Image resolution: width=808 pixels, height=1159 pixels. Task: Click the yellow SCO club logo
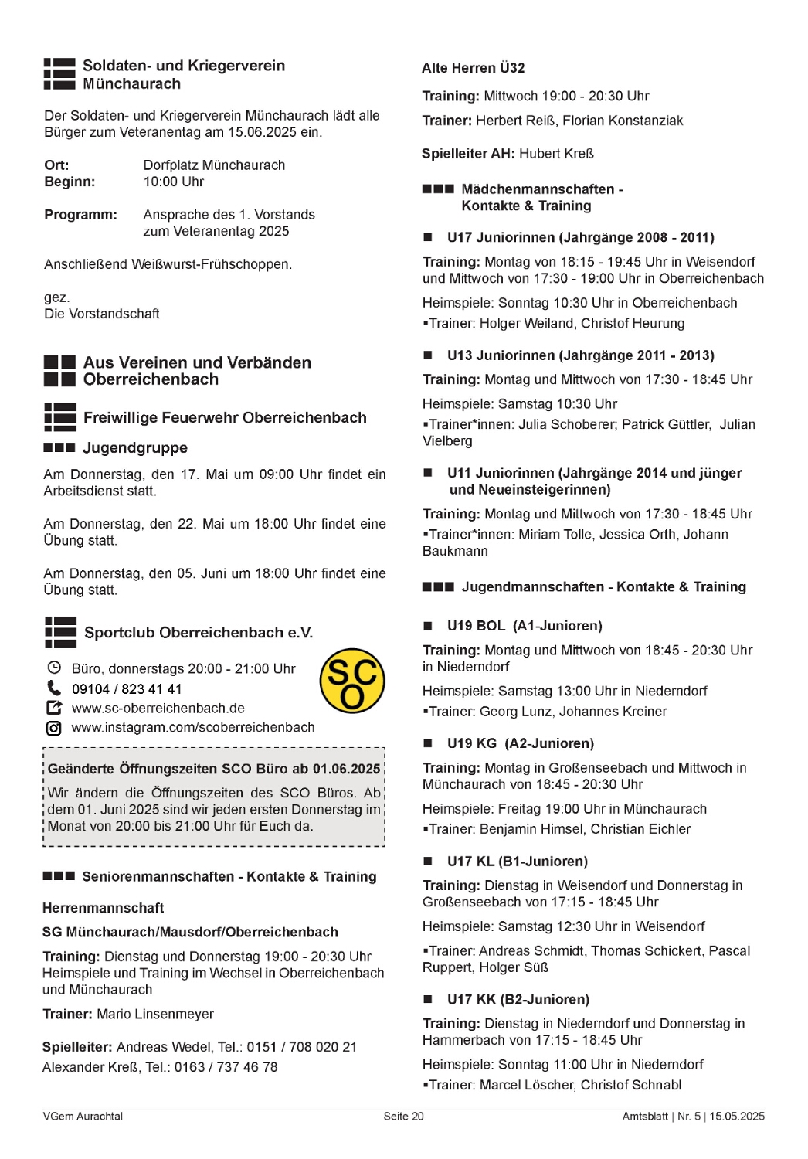[x=352, y=680]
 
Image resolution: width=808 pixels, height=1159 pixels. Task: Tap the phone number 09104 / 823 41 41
[x=127, y=688]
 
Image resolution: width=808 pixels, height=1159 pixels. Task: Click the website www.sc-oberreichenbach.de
[x=158, y=708]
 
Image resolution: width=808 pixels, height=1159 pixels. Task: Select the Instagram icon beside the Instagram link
[x=54, y=728]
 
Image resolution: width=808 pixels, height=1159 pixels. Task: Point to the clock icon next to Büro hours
[x=54, y=668]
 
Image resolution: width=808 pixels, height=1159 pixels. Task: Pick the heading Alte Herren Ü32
[x=473, y=68]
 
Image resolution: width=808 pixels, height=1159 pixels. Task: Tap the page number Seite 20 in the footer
[x=403, y=1117]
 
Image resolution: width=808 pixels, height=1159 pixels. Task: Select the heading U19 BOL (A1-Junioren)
[x=524, y=626]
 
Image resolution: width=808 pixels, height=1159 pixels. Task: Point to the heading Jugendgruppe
[x=134, y=448]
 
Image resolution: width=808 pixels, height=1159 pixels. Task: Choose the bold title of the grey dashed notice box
[x=213, y=769]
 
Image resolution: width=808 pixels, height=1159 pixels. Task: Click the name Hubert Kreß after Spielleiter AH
[x=556, y=154]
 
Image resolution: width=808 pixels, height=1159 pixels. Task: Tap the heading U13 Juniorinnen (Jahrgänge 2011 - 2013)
[x=580, y=355]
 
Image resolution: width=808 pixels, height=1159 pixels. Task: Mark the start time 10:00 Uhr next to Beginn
[x=173, y=182]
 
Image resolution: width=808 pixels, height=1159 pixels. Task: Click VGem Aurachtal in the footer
[x=83, y=1117]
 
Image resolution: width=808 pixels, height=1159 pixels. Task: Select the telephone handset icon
[x=54, y=688]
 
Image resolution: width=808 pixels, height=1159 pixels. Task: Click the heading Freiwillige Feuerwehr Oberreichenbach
[x=225, y=418]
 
